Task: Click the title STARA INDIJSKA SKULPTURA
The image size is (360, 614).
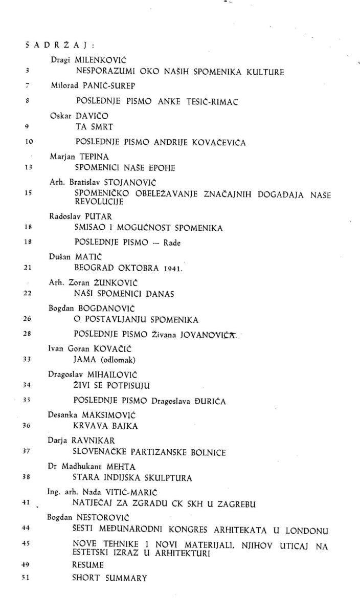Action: point(132,478)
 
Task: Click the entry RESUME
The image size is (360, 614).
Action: point(88,565)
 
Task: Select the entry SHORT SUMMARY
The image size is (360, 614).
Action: point(109,578)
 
